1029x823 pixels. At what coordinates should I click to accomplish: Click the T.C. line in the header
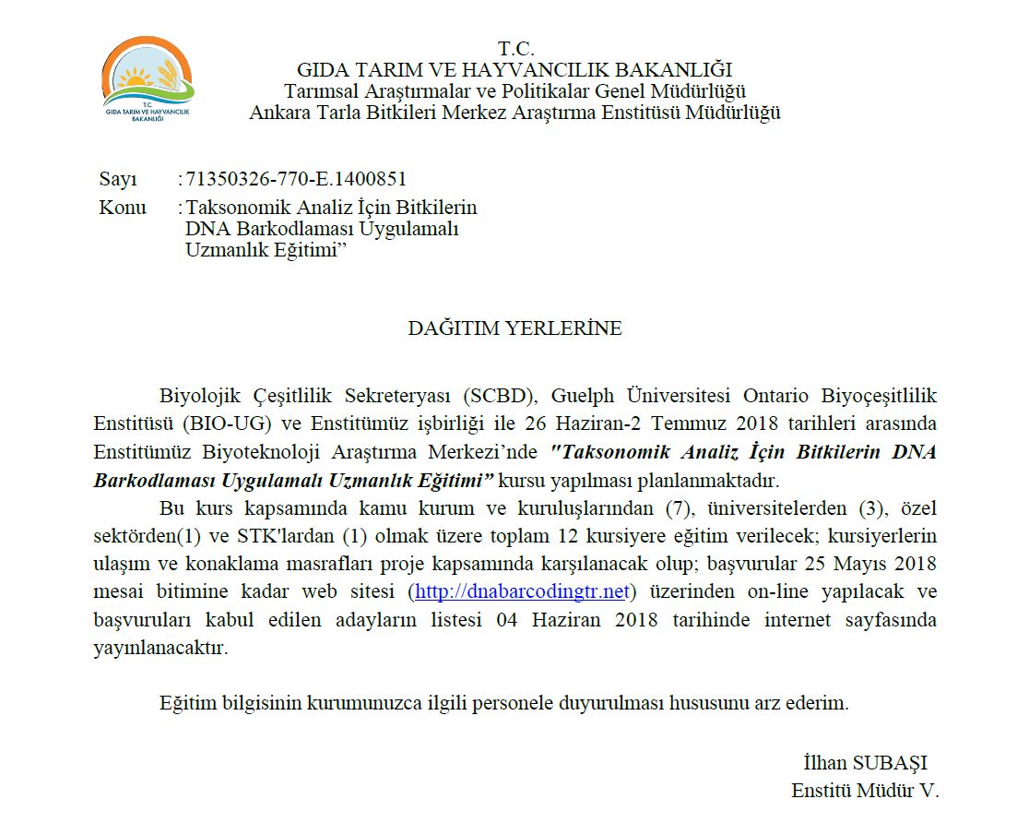515,49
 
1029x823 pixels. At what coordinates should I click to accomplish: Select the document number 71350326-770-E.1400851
296,179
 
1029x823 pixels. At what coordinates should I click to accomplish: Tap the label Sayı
118,179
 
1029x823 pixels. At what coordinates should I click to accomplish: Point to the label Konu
123,208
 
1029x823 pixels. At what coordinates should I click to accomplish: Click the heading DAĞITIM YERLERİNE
514,328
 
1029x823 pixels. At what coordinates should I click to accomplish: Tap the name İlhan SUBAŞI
865,764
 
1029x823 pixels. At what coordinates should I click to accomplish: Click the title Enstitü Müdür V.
864,791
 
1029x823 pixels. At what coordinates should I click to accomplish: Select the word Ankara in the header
279,113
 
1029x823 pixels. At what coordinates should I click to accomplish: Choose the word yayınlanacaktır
160,647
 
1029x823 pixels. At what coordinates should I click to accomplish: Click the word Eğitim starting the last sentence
184,703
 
